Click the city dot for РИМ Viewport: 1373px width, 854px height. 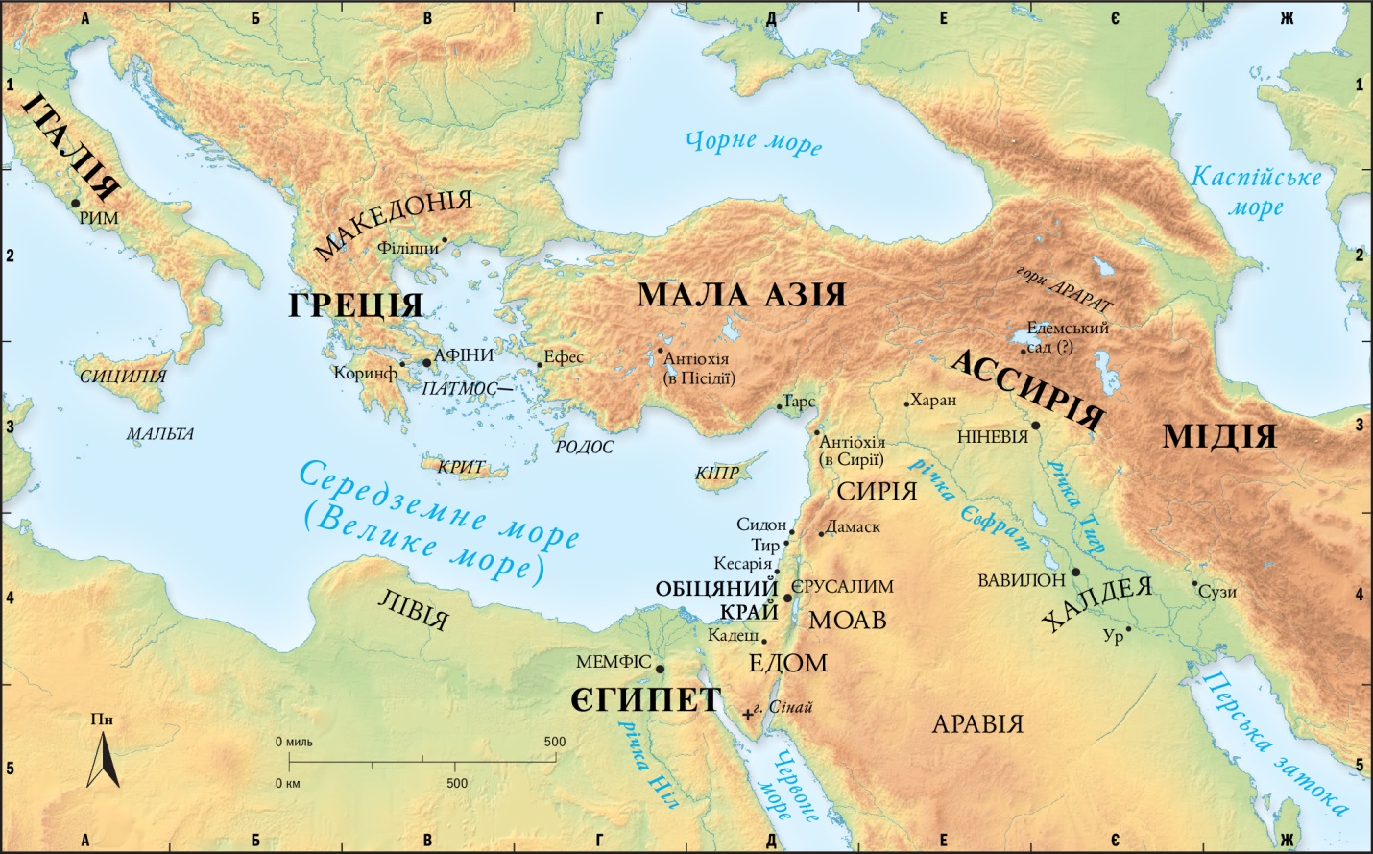click(75, 203)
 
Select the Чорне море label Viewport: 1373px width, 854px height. click(753, 142)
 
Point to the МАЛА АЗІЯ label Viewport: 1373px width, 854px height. click(741, 295)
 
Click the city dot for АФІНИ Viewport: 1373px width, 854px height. click(427, 362)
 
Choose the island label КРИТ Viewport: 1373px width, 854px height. click(461, 467)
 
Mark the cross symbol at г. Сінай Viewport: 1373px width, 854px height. click(748, 714)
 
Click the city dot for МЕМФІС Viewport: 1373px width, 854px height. click(661, 669)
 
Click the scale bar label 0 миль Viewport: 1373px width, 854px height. click(294, 742)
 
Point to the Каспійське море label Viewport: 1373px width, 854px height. click(1256, 191)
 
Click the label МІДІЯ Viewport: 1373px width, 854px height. click(1218, 436)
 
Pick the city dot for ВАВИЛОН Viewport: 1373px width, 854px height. click(1075, 573)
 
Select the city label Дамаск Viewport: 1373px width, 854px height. click(853, 526)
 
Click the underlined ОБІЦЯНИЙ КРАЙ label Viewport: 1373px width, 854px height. click(715, 599)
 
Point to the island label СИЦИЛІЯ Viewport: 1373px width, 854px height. click(123, 377)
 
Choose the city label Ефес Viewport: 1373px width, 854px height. click(564, 357)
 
